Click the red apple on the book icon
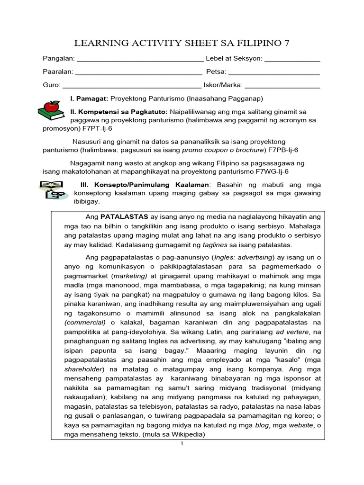(x=49, y=106)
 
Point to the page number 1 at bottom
(x=182, y=445)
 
